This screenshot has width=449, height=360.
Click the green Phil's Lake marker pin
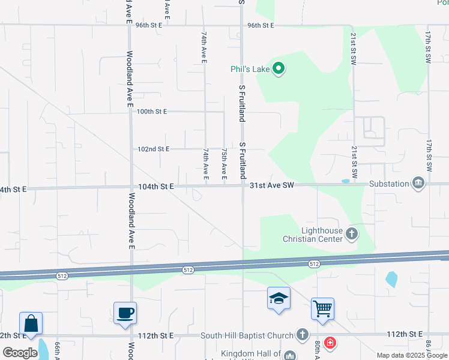click(278, 69)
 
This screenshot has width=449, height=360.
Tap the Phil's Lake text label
click(250, 69)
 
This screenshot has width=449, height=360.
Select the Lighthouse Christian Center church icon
click(352, 233)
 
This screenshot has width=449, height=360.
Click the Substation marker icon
click(418, 183)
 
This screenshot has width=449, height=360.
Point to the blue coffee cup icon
click(125, 313)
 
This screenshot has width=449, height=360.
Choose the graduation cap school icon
click(279, 299)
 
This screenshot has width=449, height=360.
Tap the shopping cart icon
click(322, 309)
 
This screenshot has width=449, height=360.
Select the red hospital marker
click(330, 343)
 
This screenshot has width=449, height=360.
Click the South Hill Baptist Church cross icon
click(303, 335)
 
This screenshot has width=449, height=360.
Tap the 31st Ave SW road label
click(271, 187)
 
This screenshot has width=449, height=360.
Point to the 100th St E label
click(152, 112)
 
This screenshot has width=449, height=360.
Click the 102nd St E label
click(154, 149)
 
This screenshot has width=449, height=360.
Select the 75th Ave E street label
click(224, 164)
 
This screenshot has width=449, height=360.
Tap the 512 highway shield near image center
click(188, 271)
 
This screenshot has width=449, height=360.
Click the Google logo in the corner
click(19, 353)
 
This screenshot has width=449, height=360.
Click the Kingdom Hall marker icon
click(290, 355)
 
